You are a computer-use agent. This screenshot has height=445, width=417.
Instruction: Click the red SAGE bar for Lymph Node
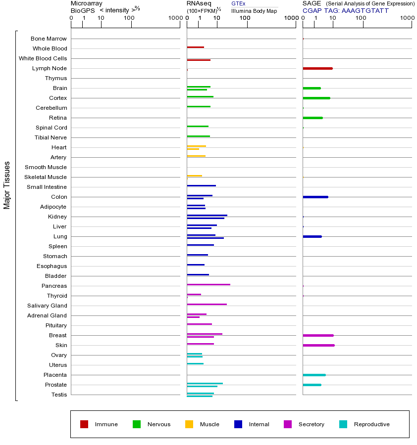pyautogui.click(x=317, y=68)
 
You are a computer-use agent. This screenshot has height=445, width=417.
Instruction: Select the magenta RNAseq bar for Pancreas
pyautogui.click(x=208, y=284)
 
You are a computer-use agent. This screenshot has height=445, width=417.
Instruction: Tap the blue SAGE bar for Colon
pyautogui.click(x=315, y=197)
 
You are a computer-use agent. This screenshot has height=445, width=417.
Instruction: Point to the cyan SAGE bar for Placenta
pyautogui.click(x=314, y=375)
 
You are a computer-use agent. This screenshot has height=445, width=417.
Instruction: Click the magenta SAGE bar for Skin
pyautogui.click(x=318, y=345)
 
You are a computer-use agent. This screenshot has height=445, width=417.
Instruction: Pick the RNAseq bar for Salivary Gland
pyautogui.click(x=207, y=304)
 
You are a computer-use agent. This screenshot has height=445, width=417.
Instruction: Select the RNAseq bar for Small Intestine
pyautogui.click(x=201, y=185)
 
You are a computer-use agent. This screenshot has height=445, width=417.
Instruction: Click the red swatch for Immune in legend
pyautogui.click(x=84, y=424)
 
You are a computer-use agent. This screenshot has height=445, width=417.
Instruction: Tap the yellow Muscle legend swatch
pyautogui.click(x=189, y=424)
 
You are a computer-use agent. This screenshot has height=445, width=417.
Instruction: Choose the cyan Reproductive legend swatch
pyautogui.click(x=343, y=424)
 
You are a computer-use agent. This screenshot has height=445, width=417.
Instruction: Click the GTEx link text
pyautogui.click(x=238, y=3)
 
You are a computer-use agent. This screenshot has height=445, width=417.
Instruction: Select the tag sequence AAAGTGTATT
pyautogui.click(x=365, y=10)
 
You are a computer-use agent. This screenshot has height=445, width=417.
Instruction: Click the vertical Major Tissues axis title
pyautogui.click(x=7, y=185)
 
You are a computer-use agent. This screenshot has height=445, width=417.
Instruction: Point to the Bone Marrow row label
pyautogui.click(x=49, y=39)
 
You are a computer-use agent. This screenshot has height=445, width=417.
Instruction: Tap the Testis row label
pyautogui.click(x=59, y=395)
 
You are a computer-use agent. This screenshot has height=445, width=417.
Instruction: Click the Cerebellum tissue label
pyautogui.click(x=51, y=108)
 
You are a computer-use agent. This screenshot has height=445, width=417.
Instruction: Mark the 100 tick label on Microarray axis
pyautogui.click(x=129, y=18)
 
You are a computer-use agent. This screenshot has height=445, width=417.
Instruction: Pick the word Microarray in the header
pyautogui.click(x=87, y=3)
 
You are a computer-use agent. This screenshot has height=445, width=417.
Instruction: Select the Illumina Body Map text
pyautogui.click(x=254, y=11)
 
